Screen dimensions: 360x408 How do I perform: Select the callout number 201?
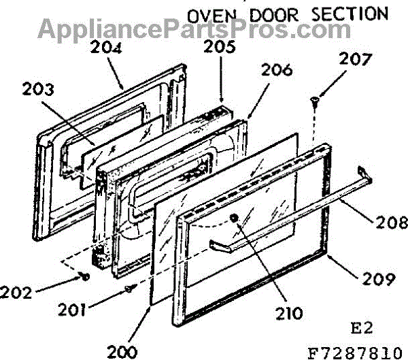[x=91, y=310]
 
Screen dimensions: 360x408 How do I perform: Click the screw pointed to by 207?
[x=314, y=103]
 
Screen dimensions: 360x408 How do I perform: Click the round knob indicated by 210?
[x=235, y=218]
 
